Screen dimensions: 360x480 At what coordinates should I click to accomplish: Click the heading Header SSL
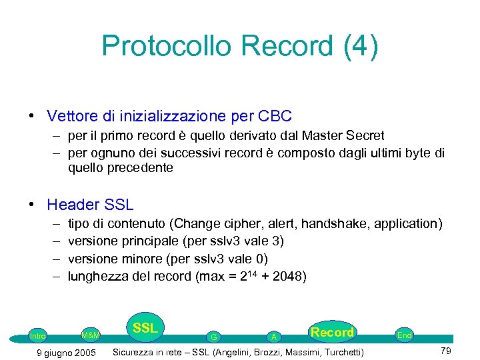[x=90, y=205]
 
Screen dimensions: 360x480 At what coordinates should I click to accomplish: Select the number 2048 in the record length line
[x=289, y=276]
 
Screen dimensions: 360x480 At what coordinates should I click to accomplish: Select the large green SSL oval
[x=145, y=328]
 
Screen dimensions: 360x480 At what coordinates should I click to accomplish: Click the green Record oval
[x=332, y=332]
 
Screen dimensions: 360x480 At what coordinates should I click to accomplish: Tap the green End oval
[x=404, y=335]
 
